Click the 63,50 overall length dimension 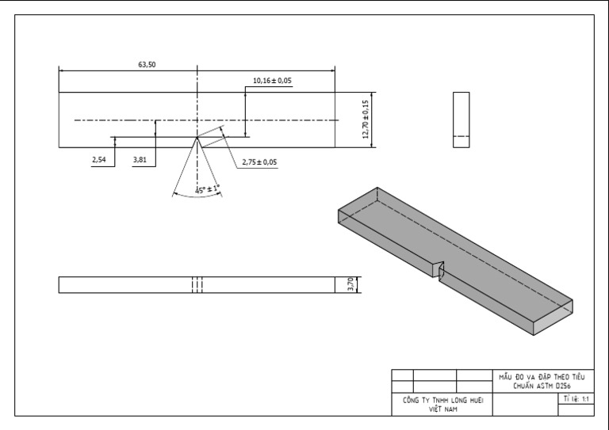click(147, 65)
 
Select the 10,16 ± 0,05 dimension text click(271, 81)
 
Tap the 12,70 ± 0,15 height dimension click(366, 120)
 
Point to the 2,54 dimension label click(99, 160)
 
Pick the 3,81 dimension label click(140, 160)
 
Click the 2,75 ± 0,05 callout click(259, 162)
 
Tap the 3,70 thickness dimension click(350, 284)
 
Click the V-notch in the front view click(197, 142)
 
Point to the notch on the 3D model click(439, 268)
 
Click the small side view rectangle click(461, 119)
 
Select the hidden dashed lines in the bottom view click(197, 284)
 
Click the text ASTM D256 click(553, 385)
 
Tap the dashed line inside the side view click(461, 136)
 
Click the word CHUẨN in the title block click(520, 385)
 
